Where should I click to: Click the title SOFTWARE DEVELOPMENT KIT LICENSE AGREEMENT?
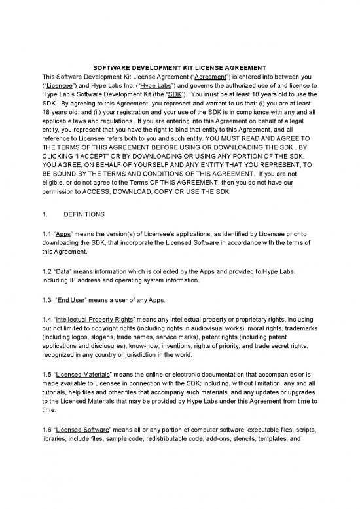pyautogui.click(x=179, y=67)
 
